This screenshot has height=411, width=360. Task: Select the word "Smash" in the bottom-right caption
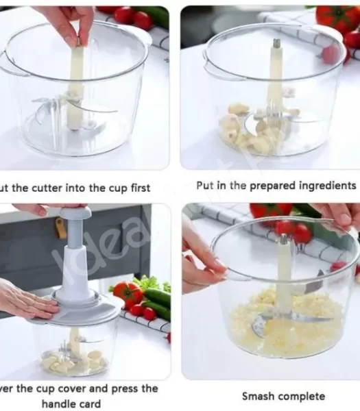(259, 396)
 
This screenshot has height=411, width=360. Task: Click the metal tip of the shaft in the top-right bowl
(276, 44)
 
